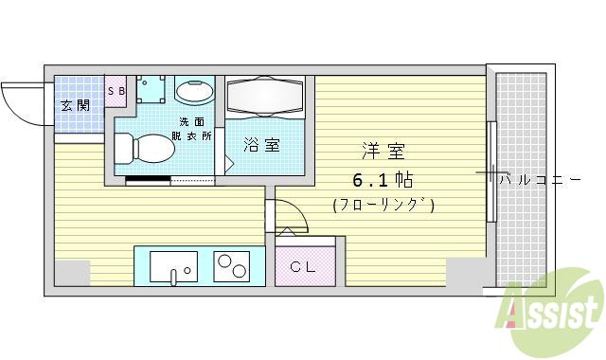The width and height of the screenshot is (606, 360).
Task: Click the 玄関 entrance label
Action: point(76,105)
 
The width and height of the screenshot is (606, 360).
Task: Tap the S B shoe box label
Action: point(116,91)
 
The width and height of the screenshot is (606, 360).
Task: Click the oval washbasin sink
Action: point(195,92)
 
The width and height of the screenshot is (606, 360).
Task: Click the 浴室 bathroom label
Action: point(262,145)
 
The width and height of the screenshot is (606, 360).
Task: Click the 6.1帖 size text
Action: point(383,179)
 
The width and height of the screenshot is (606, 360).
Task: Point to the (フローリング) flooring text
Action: point(383,205)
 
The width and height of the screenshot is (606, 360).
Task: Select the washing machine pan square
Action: point(152,90)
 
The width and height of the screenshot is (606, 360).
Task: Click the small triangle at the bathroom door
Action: point(228,162)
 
